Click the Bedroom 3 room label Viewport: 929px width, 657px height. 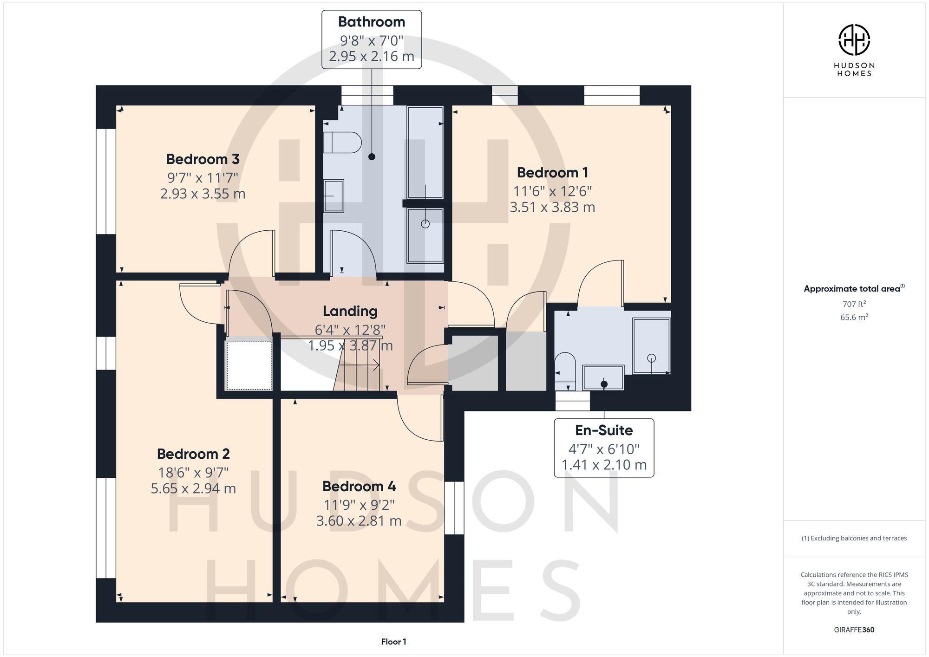pos(203,159)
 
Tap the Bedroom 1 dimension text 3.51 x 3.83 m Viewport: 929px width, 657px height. pos(552,207)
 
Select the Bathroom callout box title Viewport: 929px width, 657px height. pos(371,22)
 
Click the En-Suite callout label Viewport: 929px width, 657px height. pos(603,430)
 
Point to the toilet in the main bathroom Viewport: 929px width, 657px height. pos(342,143)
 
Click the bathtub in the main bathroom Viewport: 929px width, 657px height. pos(425,152)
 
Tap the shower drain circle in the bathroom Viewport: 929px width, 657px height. pos(425,224)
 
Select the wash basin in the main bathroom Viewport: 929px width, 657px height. pos(334,196)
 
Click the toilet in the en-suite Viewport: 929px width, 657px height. pos(565,370)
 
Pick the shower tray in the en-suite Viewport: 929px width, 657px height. pos(651,346)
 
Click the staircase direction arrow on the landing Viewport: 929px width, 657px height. pos(374,366)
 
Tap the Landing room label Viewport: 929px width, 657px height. pos(350,311)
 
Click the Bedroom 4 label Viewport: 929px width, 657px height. pos(359,487)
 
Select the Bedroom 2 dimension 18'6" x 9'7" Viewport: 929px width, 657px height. pos(193,473)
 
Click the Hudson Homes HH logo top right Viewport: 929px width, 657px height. pos(854,40)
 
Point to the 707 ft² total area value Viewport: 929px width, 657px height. pos(854,305)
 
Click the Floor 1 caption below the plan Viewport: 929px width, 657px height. pos(393,642)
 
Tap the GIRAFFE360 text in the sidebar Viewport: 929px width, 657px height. pos(854,630)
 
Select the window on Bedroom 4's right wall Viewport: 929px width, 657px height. pos(454,508)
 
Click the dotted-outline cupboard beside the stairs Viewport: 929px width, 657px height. pos(249,365)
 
